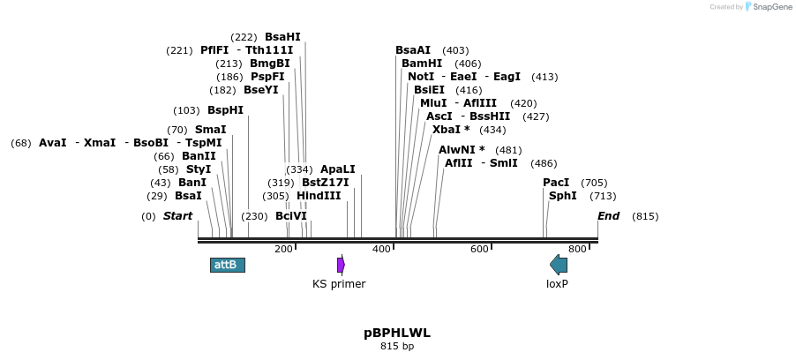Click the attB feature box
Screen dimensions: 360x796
point(228,265)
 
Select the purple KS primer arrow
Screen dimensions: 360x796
point(341,265)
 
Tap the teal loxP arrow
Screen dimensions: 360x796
point(559,264)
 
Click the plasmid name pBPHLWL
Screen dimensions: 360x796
point(397,333)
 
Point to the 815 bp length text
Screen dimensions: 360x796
point(397,347)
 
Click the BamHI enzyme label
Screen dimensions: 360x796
point(422,64)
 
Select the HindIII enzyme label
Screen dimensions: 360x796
point(319,196)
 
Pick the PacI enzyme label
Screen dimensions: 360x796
point(556,183)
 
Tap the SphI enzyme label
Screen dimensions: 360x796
point(563,196)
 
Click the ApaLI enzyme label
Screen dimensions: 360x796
point(338,169)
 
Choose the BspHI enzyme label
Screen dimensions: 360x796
point(225,110)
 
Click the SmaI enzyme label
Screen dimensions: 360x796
point(210,130)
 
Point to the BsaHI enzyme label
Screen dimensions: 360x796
point(282,37)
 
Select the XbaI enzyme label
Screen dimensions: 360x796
point(451,130)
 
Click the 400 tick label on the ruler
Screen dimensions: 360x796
point(382,250)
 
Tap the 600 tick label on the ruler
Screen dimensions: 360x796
point(479,250)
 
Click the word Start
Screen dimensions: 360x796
point(177,216)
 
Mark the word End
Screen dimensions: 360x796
point(609,216)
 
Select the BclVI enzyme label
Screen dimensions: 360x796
point(291,216)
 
